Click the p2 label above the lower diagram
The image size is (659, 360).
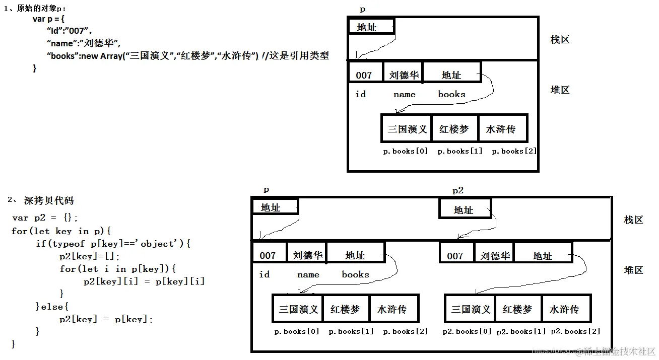[x=457, y=190]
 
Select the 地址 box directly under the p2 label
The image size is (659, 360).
[x=464, y=209]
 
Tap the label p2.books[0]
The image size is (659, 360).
[x=467, y=331]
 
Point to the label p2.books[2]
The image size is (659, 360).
[x=575, y=331]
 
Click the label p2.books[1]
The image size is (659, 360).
[x=521, y=331]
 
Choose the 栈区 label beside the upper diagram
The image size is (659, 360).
[x=560, y=40]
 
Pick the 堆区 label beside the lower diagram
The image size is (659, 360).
[x=633, y=270]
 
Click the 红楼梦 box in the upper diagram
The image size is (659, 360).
[x=454, y=129]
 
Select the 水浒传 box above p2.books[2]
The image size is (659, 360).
[x=564, y=309]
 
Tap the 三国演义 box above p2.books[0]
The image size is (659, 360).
[x=471, y=309]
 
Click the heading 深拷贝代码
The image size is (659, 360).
[x=48, y=200]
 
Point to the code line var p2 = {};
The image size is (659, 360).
[x=45, y=218]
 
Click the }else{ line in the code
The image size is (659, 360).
[x=52, y=307]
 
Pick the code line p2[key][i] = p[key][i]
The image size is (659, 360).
[x=144, y=281]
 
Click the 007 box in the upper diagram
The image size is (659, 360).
[x=364, y=76]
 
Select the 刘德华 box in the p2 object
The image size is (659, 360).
[x=495, y=256]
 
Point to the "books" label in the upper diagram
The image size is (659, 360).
[x=451, y=94]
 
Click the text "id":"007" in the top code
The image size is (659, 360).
[x=69, y=30]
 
